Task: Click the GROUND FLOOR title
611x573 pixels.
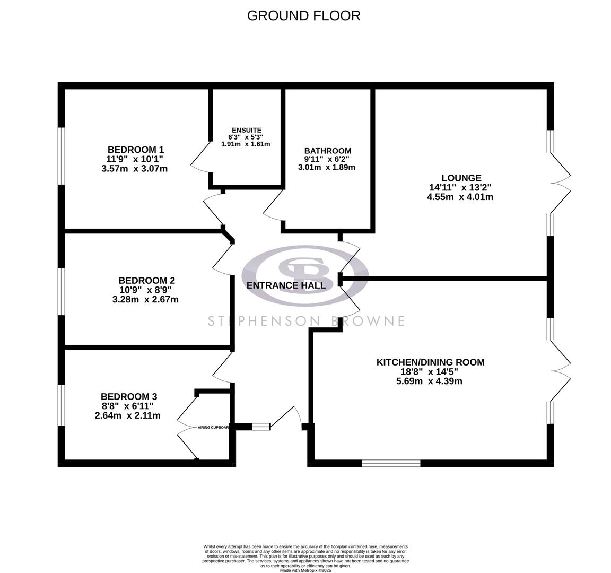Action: (x=303, y=15)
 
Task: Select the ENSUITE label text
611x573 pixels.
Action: (x=246, y=130)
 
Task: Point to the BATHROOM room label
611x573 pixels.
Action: (x=327, y=151)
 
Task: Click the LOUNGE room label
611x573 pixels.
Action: (x=461, y=178)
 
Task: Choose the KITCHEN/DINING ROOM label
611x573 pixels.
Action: (x=430, y=362)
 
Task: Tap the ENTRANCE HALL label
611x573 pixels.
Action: (x=286, y=285)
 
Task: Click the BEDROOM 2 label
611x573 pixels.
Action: (x=146, y=281)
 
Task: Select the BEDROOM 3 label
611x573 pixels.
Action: (x=128, y=396)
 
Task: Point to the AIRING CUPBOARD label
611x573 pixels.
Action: (x=213, y=427)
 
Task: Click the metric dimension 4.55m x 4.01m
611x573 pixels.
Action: (x=460, y=197)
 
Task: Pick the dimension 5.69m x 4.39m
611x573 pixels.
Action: (x=429, y=381)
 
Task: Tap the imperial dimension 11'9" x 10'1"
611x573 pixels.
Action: (x=135, y=159)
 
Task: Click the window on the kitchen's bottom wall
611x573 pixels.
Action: (x=391, y=463)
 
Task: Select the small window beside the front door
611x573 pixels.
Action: (x=260, y=426)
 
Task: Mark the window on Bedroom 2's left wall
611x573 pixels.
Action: (x=62, y=291)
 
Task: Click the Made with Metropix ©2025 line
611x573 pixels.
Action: (x=305, y=570)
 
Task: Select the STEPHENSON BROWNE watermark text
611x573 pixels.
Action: (x=305, y=321)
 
